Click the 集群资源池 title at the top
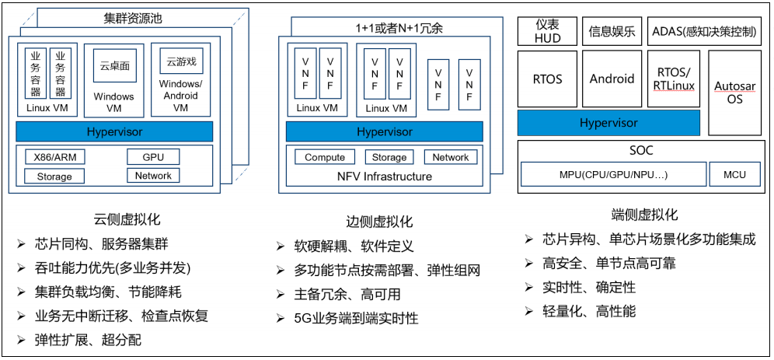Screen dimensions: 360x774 (x=135, y=17)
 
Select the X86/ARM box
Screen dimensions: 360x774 (x=54, y=157)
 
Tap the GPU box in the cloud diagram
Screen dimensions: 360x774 (x=153, y=157)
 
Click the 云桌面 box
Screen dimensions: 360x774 (x=114, y=66)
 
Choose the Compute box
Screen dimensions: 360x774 (x=325, y=157)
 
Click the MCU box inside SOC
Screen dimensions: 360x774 (x=734, y=174)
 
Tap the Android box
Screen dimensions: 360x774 (x=612, y=79)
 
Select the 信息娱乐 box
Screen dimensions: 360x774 (x=612, y=32)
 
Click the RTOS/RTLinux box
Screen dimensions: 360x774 (x=673, y=79)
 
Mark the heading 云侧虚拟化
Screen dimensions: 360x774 (x=127, y=220)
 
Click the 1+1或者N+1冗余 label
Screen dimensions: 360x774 (x=399, y=28)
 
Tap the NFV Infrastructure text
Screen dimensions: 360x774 (x=384, y=177)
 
